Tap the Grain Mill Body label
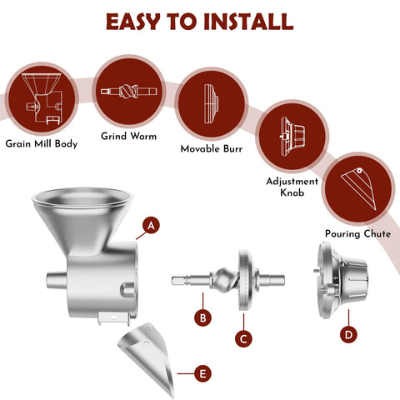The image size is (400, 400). pos(41,142)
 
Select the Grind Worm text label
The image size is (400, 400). pos(129,135)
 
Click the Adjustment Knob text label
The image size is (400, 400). pos(292,187)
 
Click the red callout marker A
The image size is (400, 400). pos(151,225)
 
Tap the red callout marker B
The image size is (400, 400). pos(203,317)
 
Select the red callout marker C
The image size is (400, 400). pos(242,338)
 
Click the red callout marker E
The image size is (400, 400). pos(202,374)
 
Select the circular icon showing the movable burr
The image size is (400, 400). pos(212,107)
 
